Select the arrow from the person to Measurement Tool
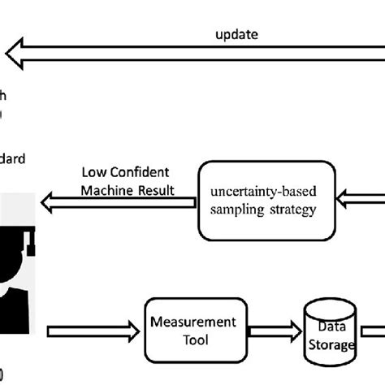(89, 331)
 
